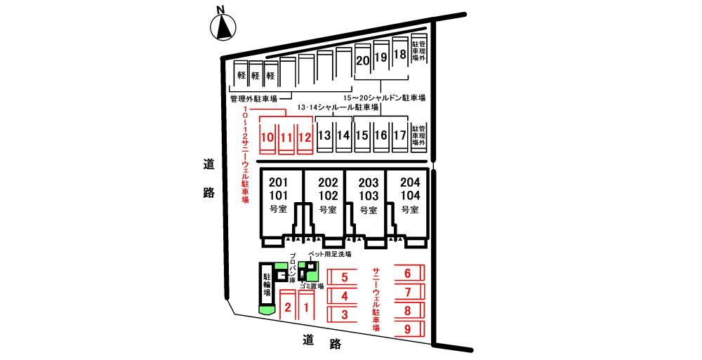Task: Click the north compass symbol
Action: [224, 27]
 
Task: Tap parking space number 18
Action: [400, 55]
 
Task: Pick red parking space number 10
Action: [267, 136]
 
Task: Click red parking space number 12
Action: [304, 136]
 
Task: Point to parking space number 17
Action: [399, 135]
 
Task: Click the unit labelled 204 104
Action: [410, 196]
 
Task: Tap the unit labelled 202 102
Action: [328, 196]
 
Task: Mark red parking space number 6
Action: [407, 274]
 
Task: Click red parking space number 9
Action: [407, 328]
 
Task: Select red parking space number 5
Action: [345, 277]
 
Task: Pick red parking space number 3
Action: [345, 315]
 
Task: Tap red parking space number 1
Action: [306, 307]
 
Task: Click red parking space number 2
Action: [287, 307]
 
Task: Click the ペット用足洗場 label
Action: [329, 254]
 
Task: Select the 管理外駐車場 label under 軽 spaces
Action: [253, 98]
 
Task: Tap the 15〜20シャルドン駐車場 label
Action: [384, 98]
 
